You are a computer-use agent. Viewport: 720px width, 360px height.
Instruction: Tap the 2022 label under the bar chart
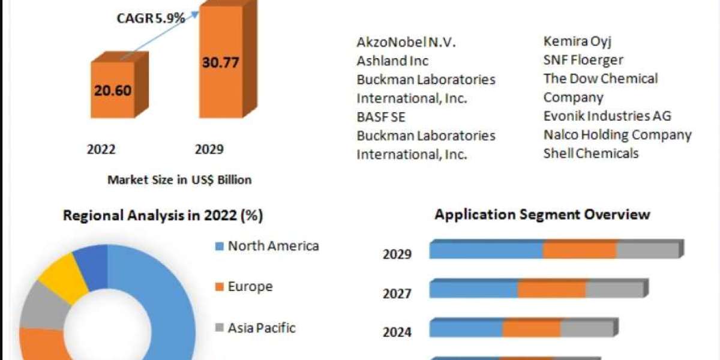tap(101, 149)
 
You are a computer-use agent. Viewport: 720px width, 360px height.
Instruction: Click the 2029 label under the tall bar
tap(209, 149)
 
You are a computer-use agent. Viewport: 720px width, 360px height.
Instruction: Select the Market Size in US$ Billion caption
tap(179, 179)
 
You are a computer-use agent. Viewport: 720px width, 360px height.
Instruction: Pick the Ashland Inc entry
tap(392, 61)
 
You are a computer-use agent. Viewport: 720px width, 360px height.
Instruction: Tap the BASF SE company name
tap(381, 116)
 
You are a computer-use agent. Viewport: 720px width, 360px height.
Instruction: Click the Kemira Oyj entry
tap(577, 41)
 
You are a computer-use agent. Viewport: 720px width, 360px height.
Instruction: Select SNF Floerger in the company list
tap(583, 60)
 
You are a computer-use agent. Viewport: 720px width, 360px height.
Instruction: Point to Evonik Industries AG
tap(607, 116)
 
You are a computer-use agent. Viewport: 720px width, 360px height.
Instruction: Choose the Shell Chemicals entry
tap(591, 153)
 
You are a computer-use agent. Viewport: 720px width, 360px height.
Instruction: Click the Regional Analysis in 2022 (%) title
tap(163, 215)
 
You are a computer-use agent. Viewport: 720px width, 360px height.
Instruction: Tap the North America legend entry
tap(273, 245)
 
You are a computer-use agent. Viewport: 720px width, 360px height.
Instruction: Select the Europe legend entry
tap(250, 287)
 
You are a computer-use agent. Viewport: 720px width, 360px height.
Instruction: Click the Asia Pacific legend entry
tap(262, 328)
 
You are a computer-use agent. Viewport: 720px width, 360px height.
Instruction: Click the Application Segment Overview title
tap(542, 214)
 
